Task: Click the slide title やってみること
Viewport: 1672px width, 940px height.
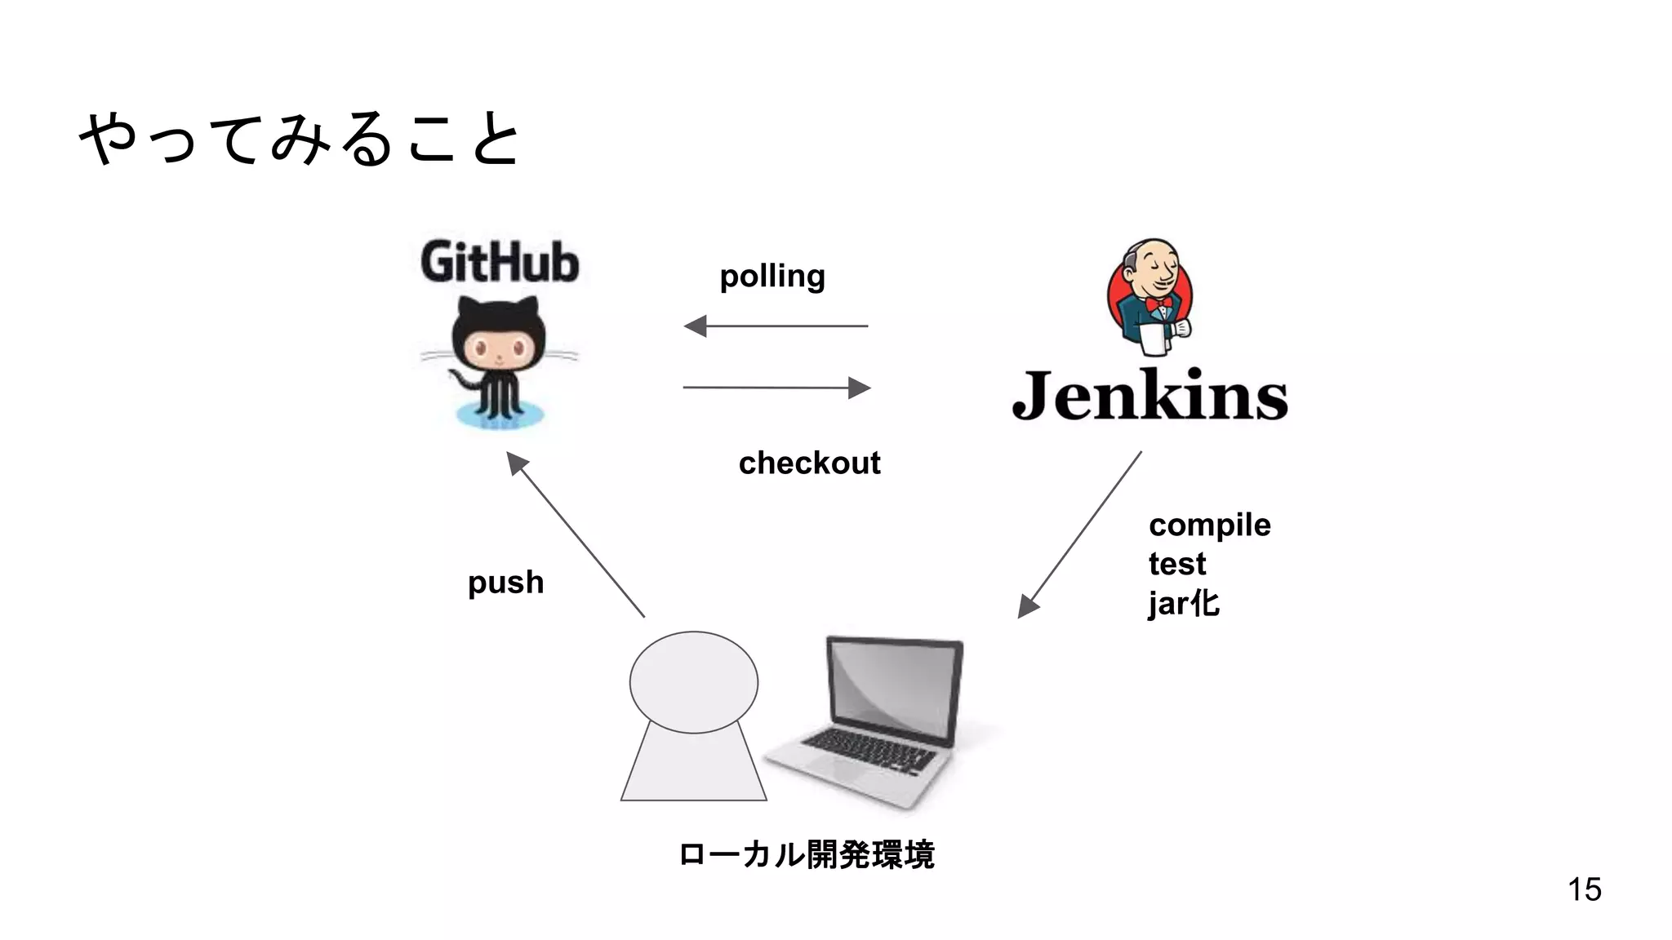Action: point(299,139)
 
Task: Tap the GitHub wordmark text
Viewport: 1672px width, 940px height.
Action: point(500,262)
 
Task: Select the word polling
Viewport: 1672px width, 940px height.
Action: point(772,277)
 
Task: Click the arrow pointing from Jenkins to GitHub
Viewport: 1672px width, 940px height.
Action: point(776,326)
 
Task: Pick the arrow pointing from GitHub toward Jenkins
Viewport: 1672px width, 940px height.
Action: point(776,388)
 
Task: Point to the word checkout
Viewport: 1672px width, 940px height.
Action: point(809,463)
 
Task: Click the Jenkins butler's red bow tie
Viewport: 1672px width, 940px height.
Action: point(1158,305)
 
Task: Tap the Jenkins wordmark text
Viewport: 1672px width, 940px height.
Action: point(1149,396)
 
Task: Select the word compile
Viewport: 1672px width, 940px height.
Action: point(1209,525)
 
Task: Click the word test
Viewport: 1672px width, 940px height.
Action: point(1176,564)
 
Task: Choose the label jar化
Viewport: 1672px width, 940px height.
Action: point(1183,604)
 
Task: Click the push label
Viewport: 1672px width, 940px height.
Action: point(505,583)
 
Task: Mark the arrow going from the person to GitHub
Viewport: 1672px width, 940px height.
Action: point(576,534)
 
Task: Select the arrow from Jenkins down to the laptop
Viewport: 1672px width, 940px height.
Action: point(1079,535)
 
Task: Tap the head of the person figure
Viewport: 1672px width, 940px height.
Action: point(693,682)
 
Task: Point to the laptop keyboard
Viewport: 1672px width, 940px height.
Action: point(869,749)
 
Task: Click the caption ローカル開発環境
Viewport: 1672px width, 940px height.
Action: point(806,855)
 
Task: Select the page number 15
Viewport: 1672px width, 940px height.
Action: point(1584,889)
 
